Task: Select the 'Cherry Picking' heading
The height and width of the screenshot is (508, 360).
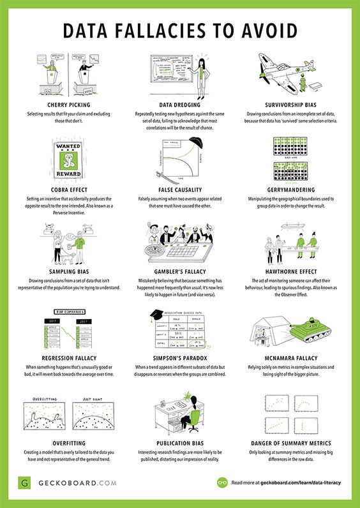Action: click(64, 104)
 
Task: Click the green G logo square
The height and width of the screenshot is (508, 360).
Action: click(23, 483)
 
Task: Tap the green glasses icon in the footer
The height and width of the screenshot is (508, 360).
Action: click(223, 483)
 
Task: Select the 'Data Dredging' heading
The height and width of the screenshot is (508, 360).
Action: click(180, 104)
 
